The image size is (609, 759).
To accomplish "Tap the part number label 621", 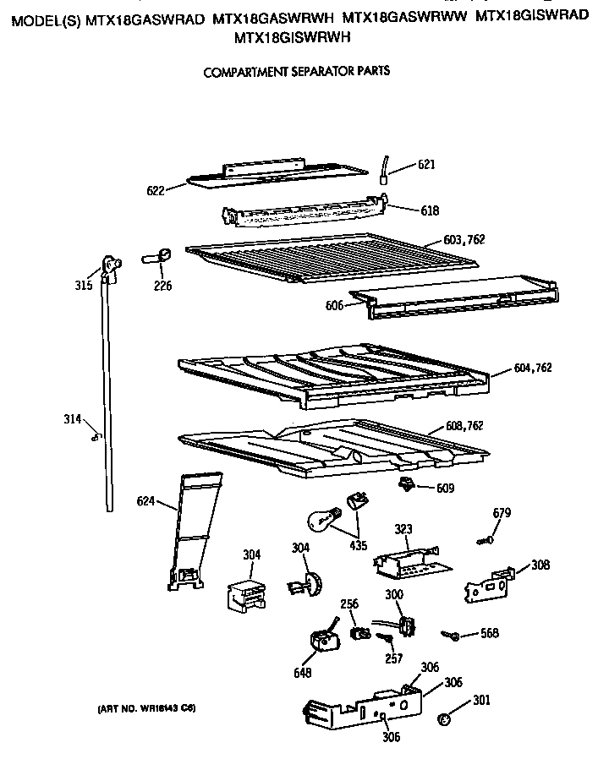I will (426, 165).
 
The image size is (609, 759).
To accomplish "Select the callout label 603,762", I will (464, 240).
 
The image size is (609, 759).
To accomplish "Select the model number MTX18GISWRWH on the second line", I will (292, 37).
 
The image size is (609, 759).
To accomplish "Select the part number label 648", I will (302, 673).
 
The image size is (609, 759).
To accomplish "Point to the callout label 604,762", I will (532, 367).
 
